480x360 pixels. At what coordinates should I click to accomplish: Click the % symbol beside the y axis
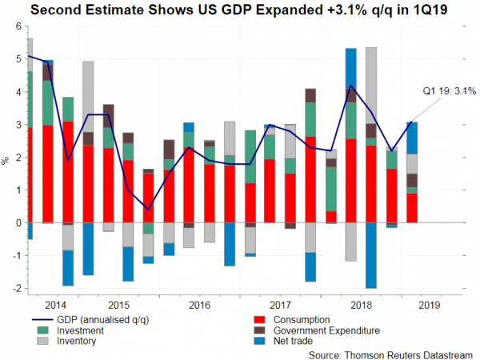click(6, 162)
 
